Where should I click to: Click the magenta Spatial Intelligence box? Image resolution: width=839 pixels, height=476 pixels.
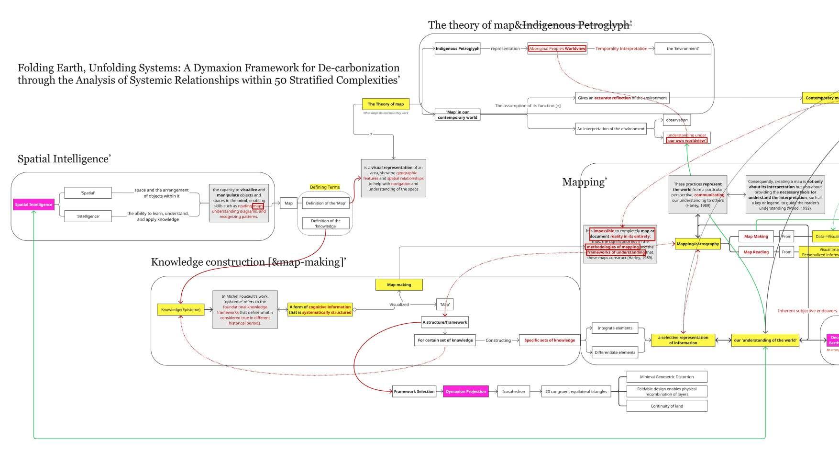coord(33,204)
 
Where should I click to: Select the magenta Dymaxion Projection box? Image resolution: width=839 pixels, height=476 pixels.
coord(465,391)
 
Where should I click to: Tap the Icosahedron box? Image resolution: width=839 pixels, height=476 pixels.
coord(513,391)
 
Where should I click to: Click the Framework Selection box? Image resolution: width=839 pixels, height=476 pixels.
coord(414,391)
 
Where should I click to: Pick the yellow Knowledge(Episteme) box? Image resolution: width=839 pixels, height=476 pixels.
coord(181,309)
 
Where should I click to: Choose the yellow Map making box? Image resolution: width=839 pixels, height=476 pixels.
coord(399,284)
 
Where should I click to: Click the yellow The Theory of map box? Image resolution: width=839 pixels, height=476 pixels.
coord(386,104)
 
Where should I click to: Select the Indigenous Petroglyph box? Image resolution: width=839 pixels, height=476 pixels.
coord(457,48)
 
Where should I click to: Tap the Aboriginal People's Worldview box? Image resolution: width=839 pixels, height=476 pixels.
coord(557,48)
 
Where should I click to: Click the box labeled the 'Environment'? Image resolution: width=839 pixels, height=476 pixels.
coord(683,48)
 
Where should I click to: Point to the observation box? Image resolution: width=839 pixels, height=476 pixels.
coord(676,120)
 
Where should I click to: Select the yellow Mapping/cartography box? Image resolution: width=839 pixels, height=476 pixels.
coord(697,244)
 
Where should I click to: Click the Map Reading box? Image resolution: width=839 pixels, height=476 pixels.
coord(756,252)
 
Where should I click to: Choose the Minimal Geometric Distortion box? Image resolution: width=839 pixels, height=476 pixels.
coord(666,377)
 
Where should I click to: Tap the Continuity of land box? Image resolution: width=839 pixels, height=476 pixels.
coord(666,406)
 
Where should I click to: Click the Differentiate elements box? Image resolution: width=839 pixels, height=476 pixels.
coord(615,352)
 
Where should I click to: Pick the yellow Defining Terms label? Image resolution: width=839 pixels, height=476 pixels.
coord(325,187)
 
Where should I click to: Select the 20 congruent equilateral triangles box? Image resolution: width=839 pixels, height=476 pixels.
coord(576,391)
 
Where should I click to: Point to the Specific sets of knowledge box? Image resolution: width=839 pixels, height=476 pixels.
coord(549,340)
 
